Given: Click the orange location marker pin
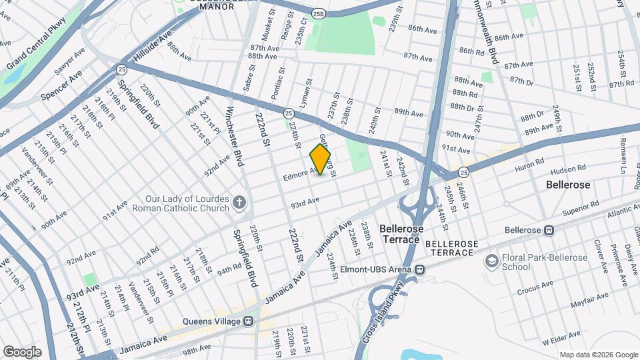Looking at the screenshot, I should (321, 159).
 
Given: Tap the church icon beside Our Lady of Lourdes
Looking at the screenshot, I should (239, 201).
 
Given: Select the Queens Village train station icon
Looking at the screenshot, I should (248, 321).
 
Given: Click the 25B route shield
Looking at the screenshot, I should (319, 12).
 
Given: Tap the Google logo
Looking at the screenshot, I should (22, 351).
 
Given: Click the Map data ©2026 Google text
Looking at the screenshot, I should (598, 355).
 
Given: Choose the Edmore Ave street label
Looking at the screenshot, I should (299, 175).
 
